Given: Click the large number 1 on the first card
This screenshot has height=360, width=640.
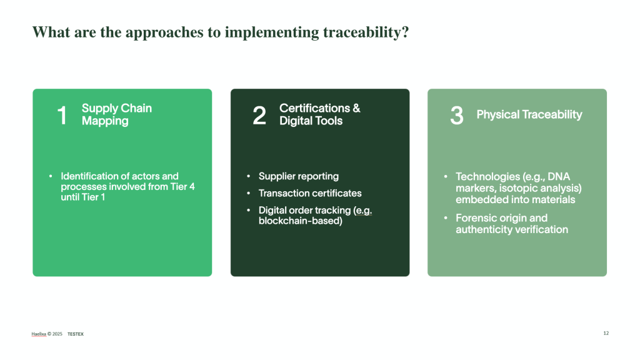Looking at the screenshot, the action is (62, 115).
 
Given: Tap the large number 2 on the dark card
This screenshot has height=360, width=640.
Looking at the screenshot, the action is (259, 115).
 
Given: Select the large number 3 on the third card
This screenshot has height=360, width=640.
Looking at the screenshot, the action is (457, 115).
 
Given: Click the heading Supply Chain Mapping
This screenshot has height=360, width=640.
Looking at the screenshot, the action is (117, 114).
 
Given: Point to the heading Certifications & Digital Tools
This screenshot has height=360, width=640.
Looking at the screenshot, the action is (319, 114).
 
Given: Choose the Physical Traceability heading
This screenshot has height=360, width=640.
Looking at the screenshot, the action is (529, 115).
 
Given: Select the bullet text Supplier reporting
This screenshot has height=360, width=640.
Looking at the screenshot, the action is (299, 176).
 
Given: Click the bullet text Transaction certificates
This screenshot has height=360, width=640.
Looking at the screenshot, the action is (310, 193).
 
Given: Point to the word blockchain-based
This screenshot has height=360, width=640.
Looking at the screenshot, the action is (301, 221).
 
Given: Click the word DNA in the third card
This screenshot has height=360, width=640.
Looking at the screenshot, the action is (559, 177).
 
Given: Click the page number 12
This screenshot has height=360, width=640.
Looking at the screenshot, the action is (606, 334).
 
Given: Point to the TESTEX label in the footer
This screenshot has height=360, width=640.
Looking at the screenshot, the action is (76, 334).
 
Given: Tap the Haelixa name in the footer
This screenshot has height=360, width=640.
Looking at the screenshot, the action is (39, 334).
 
